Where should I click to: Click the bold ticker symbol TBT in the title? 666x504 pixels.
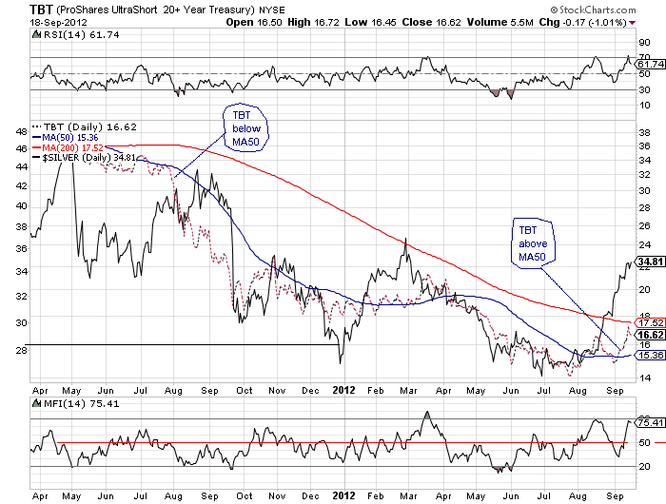[x=14, y=9]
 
